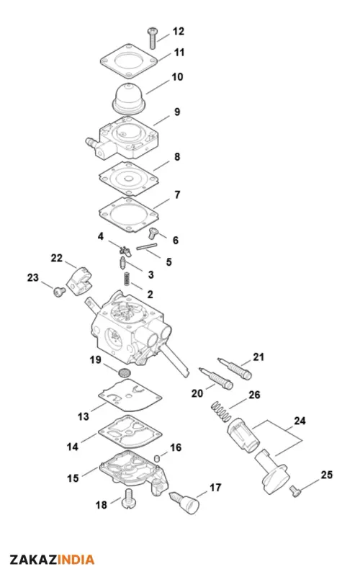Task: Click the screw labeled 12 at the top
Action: tap(152, 38)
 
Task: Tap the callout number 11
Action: tap(179, 53)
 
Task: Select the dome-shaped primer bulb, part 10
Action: tap(129, 99)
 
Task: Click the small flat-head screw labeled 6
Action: tap(153, 233)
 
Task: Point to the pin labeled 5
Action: tap(147, 246)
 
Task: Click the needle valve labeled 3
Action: tap(123, 263)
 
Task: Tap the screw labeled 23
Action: tap(60, 292)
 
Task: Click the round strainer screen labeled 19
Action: tap(125, 372)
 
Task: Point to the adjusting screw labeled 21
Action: tap(234, 368)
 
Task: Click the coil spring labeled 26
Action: tap(221, 412)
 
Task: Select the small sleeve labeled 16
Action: tap(157, 457)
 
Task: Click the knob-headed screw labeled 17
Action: tap(185, 502)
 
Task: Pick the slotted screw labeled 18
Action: tap(129, 499)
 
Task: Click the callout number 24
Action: tap(300, 421)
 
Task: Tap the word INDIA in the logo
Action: tap(76, 560)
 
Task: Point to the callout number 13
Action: tap(84, 416)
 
